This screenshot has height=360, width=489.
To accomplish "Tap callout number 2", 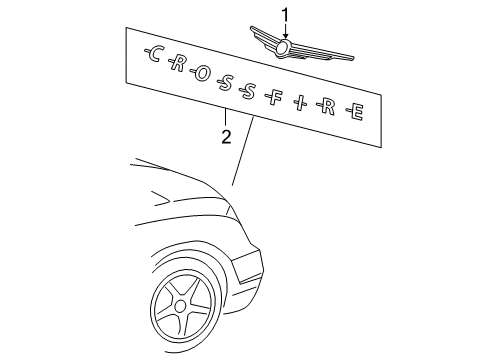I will (x=226, y=137).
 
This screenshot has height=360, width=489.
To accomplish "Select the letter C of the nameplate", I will (x=154, y=56).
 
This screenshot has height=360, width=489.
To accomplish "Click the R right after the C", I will (x=179, y=65).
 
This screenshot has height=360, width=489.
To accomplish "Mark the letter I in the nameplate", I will (x=301, y=104).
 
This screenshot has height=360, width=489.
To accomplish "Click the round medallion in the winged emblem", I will (x=284, y=47).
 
